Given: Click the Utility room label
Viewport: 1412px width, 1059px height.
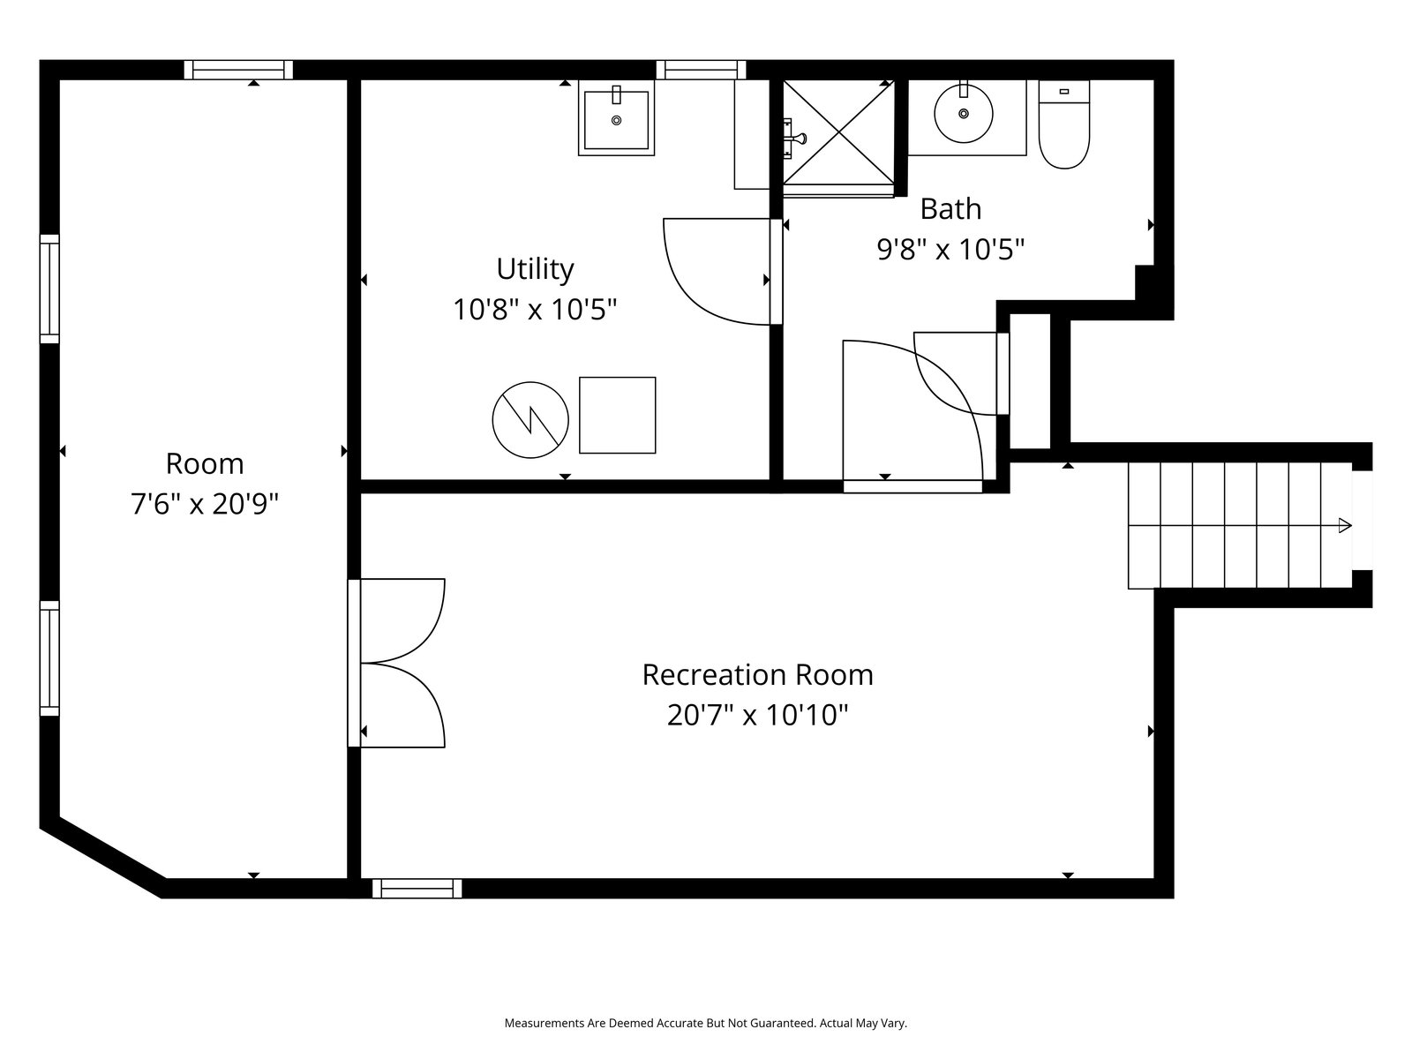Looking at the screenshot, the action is (535, 269).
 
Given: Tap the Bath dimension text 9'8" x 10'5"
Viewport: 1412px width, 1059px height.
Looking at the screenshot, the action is (950, 250).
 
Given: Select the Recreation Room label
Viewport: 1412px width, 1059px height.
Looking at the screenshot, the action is (758, 674).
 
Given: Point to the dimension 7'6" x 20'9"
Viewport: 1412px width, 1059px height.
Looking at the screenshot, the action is (205, 504).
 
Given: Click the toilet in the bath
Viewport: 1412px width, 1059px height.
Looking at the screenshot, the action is (1064, 124).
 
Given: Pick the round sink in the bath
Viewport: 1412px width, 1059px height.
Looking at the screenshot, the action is (963, 114).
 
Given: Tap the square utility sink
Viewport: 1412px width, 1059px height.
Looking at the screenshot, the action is (616, 117).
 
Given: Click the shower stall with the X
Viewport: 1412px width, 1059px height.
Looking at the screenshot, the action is (838, 133).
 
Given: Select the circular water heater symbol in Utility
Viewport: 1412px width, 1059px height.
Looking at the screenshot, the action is (530, 420).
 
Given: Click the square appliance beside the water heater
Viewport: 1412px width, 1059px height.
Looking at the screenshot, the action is (617, 416).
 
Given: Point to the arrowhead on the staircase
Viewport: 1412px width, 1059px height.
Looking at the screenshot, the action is (1344, 525).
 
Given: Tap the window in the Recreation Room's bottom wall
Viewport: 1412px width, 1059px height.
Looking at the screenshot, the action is (417, 888).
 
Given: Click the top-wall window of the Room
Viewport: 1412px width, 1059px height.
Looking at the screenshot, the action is (238, 70).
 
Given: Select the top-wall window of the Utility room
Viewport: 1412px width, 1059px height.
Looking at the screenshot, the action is (701, 70).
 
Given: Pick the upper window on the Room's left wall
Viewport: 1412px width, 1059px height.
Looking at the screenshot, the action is (49, 289).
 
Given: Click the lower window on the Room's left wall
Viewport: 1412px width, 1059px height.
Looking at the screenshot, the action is (49, 658).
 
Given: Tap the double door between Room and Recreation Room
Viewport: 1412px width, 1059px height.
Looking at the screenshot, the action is (395, 663).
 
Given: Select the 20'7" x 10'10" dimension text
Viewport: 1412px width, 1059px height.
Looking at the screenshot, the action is (758, 715).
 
